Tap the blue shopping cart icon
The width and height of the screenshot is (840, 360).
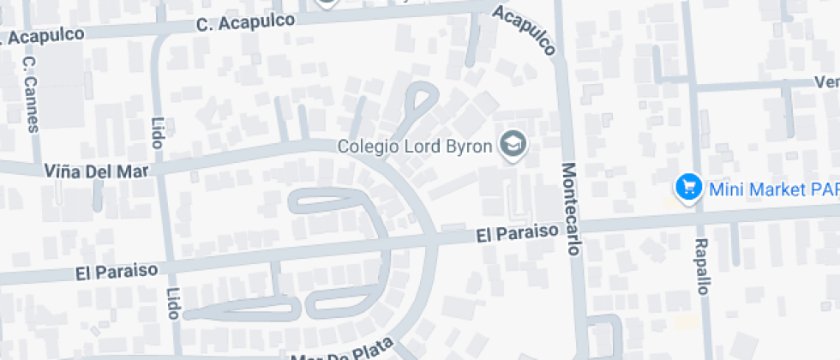click(687, 187)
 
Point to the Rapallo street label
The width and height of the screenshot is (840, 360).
click(702, 267)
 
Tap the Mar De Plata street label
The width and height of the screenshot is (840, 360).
click(343, 351)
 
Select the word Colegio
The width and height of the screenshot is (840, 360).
click(369, 146)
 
